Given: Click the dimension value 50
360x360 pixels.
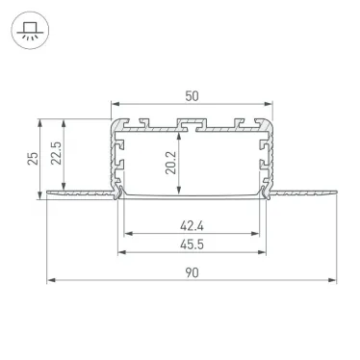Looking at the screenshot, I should [x=193, y=96].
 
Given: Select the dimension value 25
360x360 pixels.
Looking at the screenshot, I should [x=32, y=157].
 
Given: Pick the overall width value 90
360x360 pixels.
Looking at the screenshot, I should [x=193, y=272].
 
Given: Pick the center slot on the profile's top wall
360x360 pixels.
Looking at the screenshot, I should [x=192, y=124].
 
